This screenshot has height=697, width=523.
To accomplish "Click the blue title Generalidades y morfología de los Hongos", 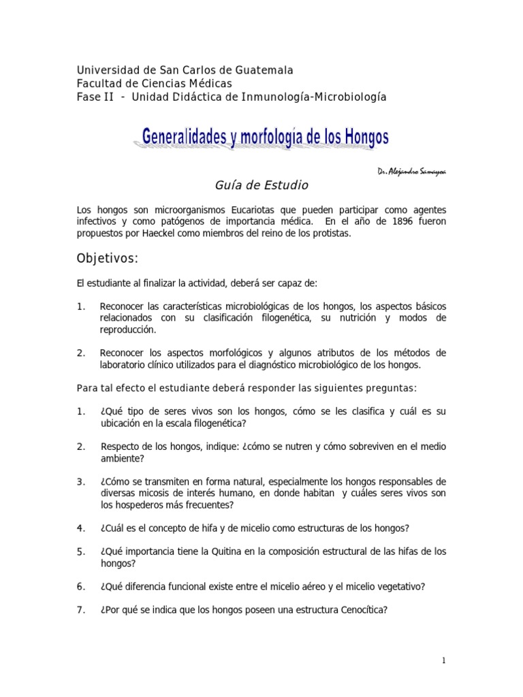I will coord(266,138).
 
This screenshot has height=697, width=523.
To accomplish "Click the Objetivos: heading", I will coord(107,259).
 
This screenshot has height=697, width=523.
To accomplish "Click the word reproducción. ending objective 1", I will coord(128,329).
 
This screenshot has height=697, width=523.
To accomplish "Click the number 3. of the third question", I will coord(81,482).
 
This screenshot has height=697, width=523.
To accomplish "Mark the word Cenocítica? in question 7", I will coord(358,611).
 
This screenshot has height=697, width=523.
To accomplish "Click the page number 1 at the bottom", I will coord(443,661).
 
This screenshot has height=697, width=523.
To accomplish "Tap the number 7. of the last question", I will coord(81,611).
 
